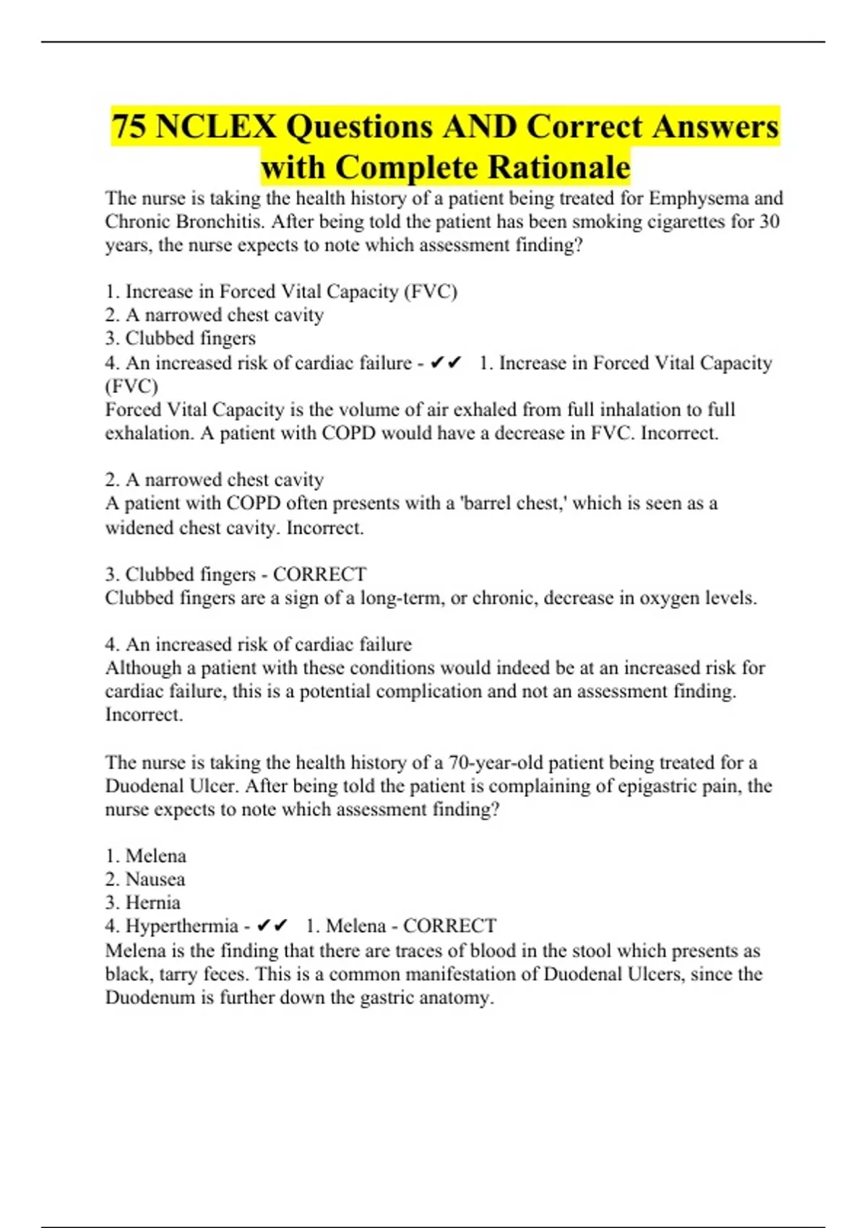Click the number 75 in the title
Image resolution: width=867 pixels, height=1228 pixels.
pos(130,127)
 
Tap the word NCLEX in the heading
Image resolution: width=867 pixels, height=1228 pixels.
pos(216,127)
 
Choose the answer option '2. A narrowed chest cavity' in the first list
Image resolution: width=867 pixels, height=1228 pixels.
pos(215,315)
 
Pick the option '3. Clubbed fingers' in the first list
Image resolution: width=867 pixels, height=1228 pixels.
pos(181,338)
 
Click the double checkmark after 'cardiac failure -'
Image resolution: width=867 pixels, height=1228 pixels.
pos(445,363)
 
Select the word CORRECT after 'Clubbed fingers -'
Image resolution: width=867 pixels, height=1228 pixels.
pos(319,574)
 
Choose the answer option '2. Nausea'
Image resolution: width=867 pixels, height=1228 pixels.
pos(145,879)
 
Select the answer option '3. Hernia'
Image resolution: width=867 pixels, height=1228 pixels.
pos(142,902)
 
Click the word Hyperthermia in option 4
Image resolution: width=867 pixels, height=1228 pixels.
pos(182,926)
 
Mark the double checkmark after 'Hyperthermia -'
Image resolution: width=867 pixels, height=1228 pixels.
pos(272,926)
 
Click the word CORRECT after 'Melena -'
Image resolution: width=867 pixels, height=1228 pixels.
pos(449,926)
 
